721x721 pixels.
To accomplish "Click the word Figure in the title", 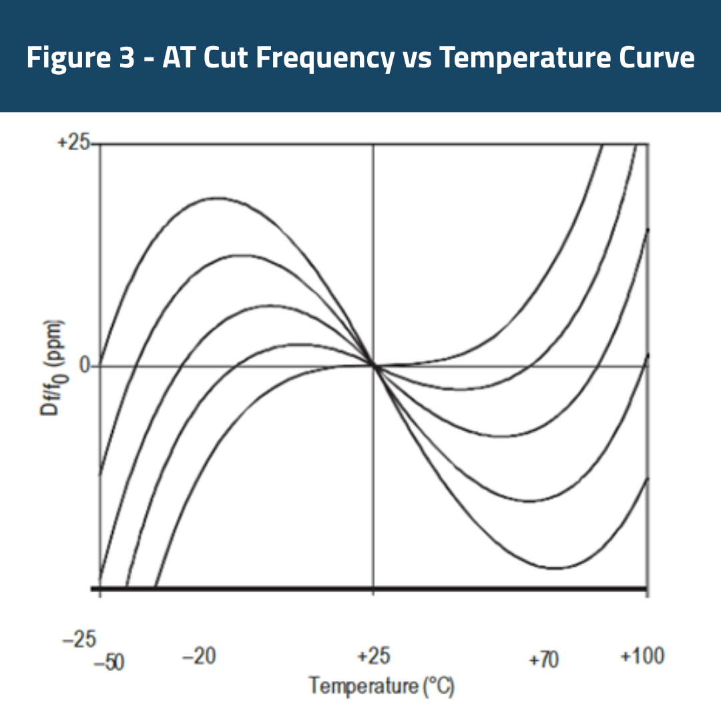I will [x=69, y=58].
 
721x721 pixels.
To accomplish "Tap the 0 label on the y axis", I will [x=84, y=367].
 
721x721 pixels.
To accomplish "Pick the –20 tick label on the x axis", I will [x=199, y=657].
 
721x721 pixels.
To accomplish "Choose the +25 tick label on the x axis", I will [x=373, y=657].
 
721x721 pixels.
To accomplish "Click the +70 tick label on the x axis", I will [x=543, y=660].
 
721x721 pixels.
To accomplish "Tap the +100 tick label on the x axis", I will [x=642, y=656].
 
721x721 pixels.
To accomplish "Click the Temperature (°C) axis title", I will [x=381, y=686].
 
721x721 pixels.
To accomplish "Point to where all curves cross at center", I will [x=373, y=365].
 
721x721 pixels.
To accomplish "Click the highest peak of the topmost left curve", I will [x=216, y=198].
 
